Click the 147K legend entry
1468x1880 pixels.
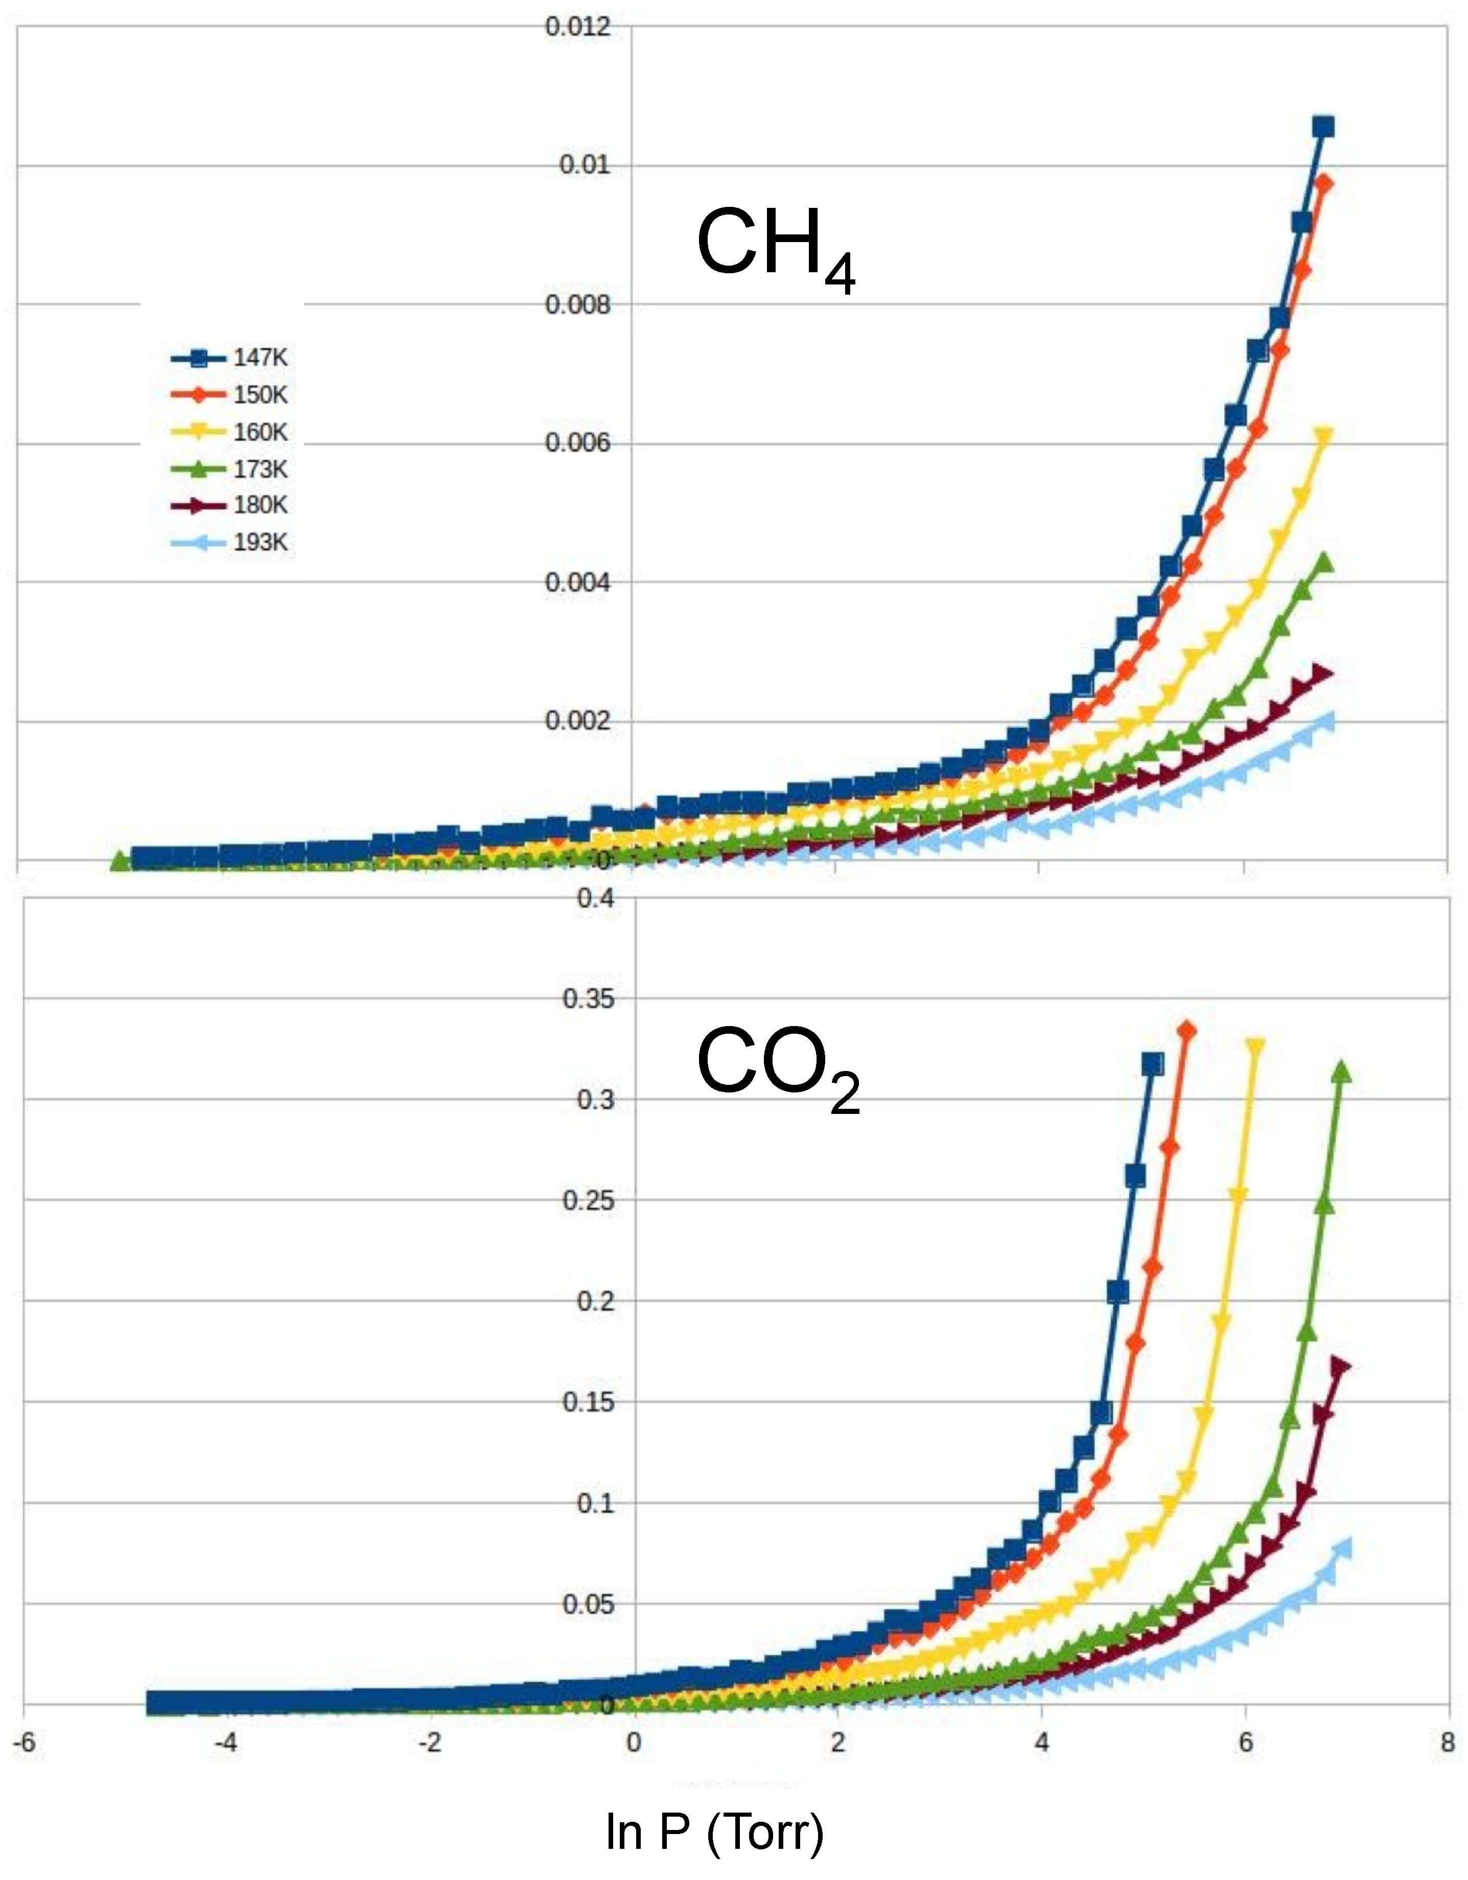[x=231, y=358]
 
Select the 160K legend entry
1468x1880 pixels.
[x=231, y=432]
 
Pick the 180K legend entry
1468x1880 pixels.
[x=231, y=505]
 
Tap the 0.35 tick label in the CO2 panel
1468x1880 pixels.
[x=589, y=998]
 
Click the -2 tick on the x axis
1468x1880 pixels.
[x=430, y=1744]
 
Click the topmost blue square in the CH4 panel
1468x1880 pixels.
[x=1323, y=127]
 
